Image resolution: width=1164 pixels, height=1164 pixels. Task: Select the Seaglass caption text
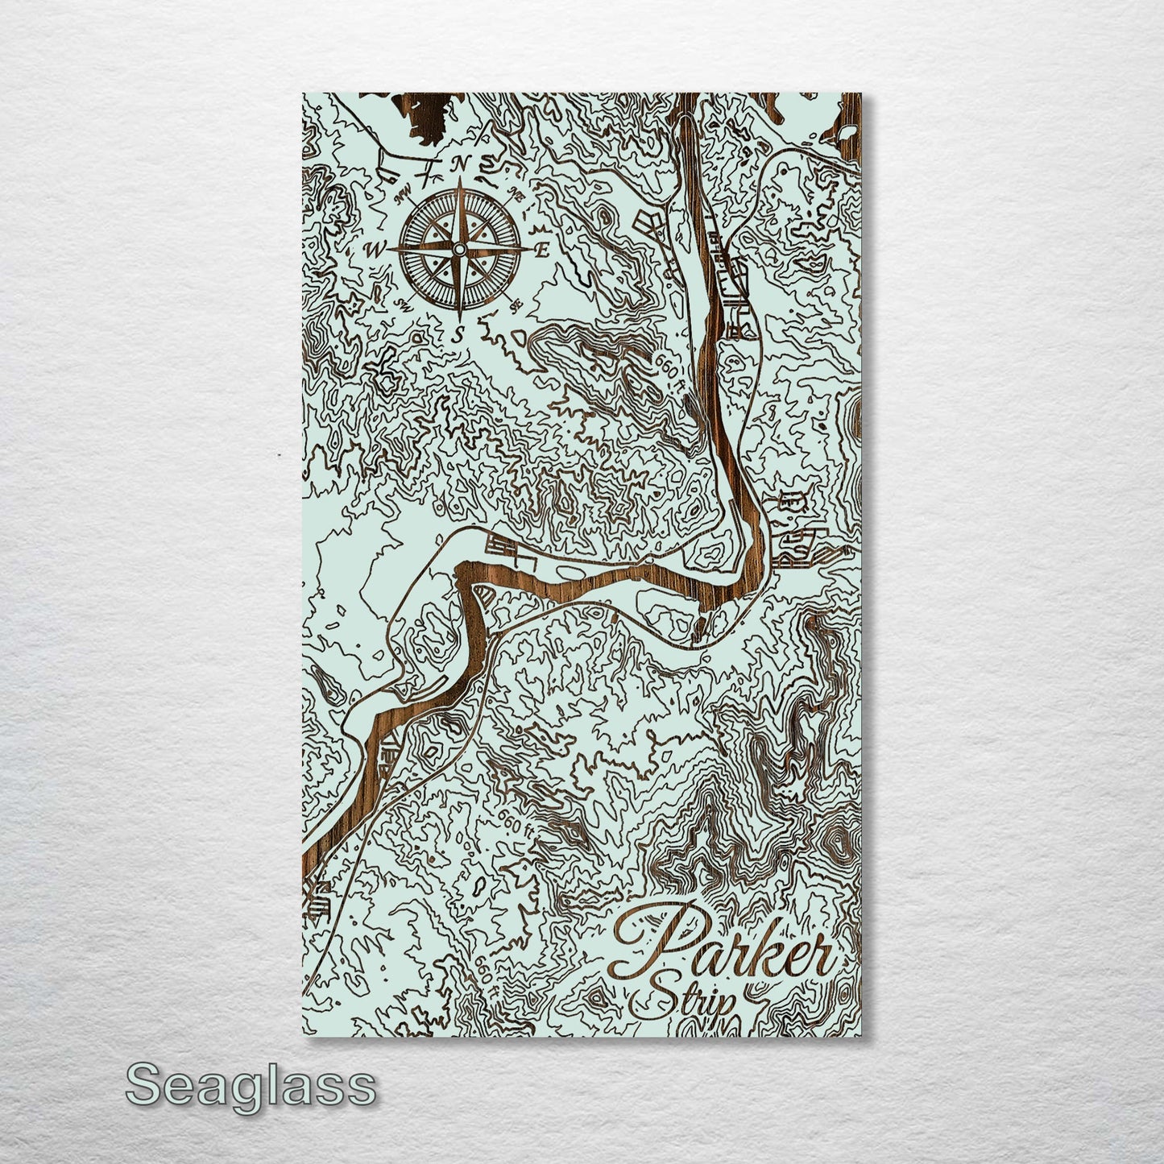(x=251, y=1087)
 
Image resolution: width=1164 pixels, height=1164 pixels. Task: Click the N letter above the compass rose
(x=460, y=164)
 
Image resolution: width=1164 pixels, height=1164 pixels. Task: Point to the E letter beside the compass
(x=542, y=250)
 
